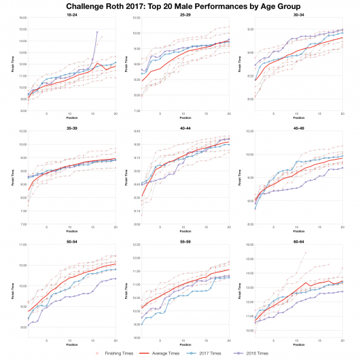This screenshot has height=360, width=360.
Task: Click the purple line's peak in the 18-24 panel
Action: pyautogui.click(x=97, y=31)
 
